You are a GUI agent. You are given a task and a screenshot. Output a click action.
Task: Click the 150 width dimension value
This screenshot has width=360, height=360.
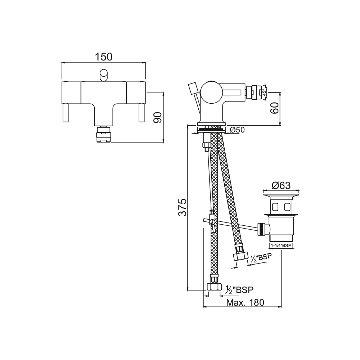(x=104, y=57)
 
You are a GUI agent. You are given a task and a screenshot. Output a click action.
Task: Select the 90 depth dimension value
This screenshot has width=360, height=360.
(x=158, y=118)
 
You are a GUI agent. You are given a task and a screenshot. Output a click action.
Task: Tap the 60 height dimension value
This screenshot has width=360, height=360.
(x=275, y=108)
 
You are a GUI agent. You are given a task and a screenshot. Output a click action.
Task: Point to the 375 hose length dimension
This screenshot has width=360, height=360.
(x=183, y=208)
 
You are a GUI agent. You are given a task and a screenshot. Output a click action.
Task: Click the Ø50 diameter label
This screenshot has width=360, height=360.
(x=237, y=130)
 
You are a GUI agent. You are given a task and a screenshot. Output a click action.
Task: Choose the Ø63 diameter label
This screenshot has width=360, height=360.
(x=281, y=185)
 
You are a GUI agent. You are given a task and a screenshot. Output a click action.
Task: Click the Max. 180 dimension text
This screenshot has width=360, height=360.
(x=245, y=302)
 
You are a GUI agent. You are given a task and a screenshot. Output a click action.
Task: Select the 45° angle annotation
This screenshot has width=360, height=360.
(x=264, y=92)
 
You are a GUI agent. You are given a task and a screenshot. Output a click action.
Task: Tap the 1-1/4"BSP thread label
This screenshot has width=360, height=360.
(x=281, y=246)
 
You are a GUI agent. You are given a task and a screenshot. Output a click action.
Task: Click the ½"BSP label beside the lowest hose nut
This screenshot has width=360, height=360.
(x=239, y=290)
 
